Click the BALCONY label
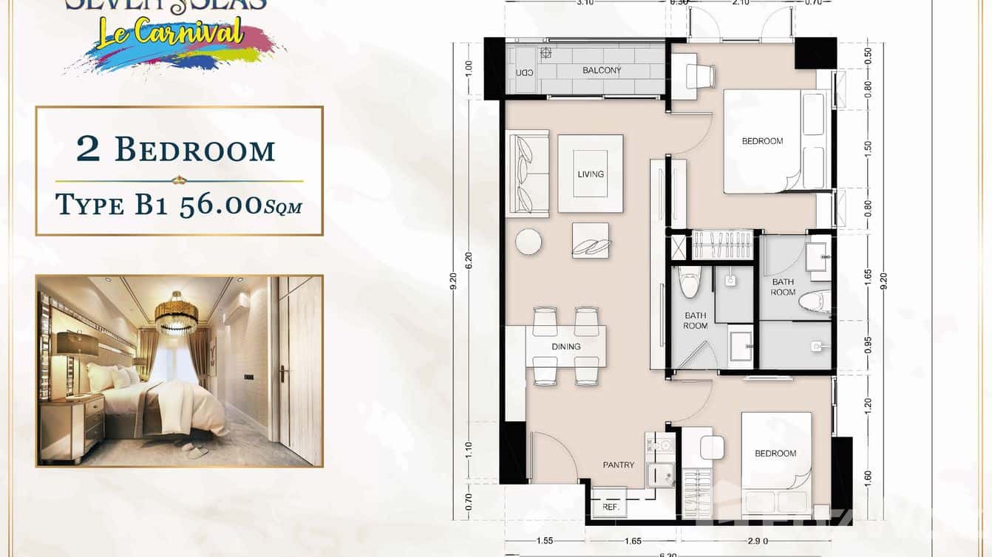[x=602, y=71]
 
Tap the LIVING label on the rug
[x=591, y=174]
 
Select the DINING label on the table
[x=566, y=346]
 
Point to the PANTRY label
[x=618, y=465]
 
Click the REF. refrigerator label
[x=611, y=508]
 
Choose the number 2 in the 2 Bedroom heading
[x=88, y=149]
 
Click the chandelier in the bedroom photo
[x=176, y=311]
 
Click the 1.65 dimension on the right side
[x=868, y=277]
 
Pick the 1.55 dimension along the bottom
[x=546, y=541]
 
